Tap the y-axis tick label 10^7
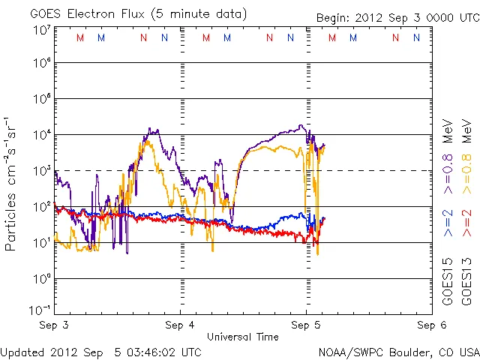click(x=41, y=31)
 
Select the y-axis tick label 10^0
click(x=41, y=279)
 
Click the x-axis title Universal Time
click(x=242, y=335)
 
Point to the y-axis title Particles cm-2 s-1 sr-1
click(x=12, y=184)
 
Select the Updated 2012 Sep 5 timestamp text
click(x=100, y=351)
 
